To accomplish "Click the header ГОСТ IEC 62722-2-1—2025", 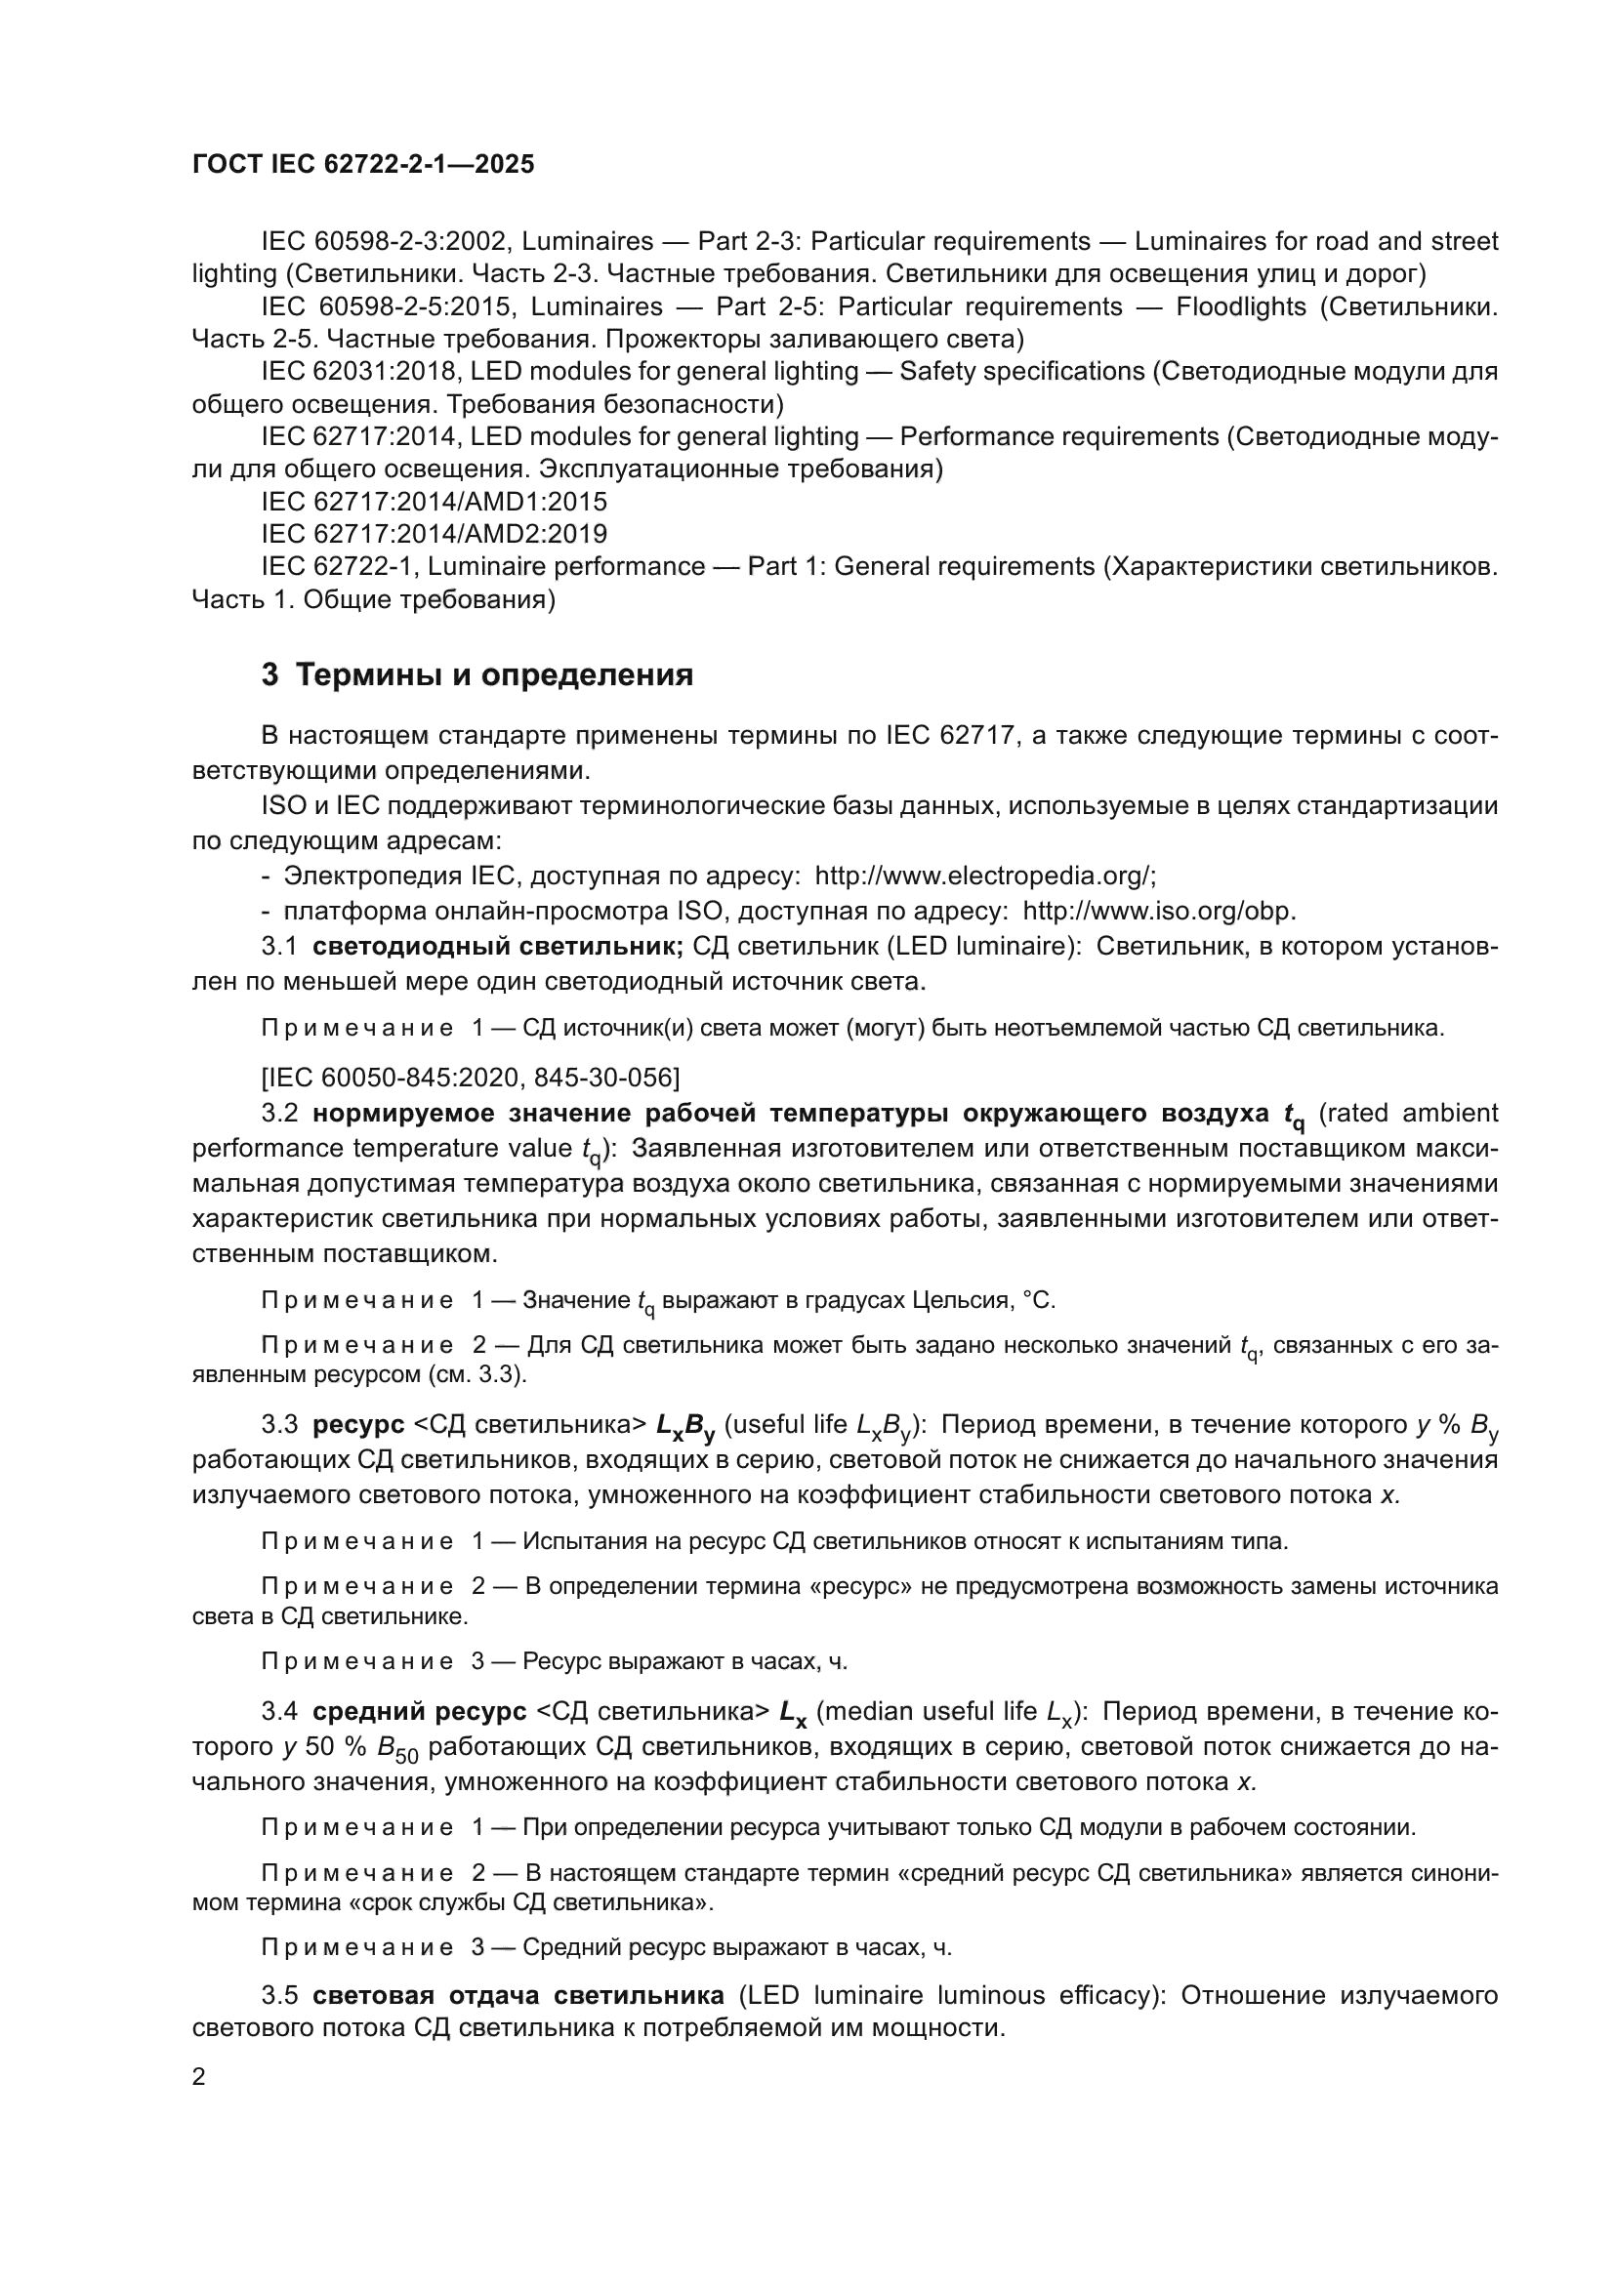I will click(x=363, y=164).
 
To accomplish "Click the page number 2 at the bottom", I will click(x=199, y=2076).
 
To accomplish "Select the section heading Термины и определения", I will click(x=494, y=675).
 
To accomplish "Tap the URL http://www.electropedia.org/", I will click(x=983, y=876).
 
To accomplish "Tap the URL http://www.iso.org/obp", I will click(x=1159, y=911).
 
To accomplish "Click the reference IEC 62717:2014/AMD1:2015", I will click(x=435, y=501).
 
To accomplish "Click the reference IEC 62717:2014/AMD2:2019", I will click(x=435, y=534).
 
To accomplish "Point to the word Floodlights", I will click(x=1240, y=306).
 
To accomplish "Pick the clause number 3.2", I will click(x=279, y=1113).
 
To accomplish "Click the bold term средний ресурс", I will click(x=419, y=1711).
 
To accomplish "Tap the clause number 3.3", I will click(x=279, y=1425).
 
